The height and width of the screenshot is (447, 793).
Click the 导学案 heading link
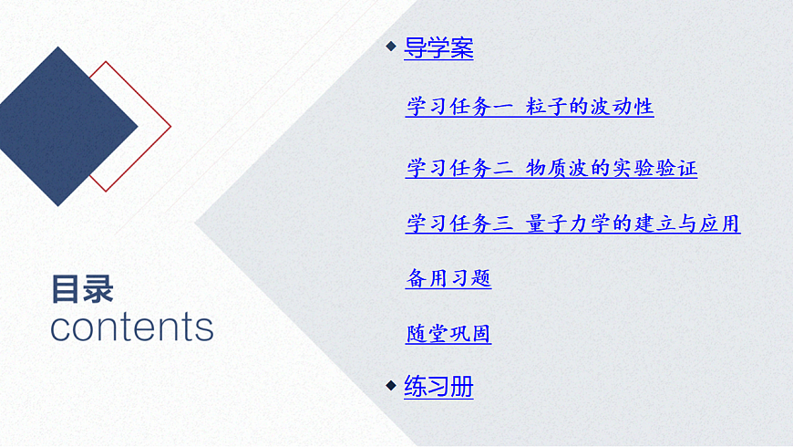tap(438, 48)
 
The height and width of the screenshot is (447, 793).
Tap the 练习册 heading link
tap(438, 386)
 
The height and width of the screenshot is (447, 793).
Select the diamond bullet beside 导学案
tap(391, 47)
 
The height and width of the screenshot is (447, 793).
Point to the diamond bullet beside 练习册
tap(391, 384)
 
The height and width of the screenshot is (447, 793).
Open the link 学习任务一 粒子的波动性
tap(530, 107)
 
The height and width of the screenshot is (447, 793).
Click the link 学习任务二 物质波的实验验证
tap(551, 168)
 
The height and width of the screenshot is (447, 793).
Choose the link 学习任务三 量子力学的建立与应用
tap(572, 223)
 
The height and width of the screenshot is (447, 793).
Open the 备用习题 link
tap(448, 279)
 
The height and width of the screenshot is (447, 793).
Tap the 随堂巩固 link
tap(448, 334)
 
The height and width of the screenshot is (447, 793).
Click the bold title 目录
tap(82, 289)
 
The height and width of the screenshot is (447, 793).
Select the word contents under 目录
tap(131, 327)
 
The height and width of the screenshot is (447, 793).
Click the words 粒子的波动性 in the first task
tap(590, 107)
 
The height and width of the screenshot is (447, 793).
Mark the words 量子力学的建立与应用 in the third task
tap(633, 223)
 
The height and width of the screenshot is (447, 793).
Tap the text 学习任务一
tap(459, 107)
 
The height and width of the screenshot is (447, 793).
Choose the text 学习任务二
tap(459, 168)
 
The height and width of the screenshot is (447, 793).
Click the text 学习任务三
tap(459, 223)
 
